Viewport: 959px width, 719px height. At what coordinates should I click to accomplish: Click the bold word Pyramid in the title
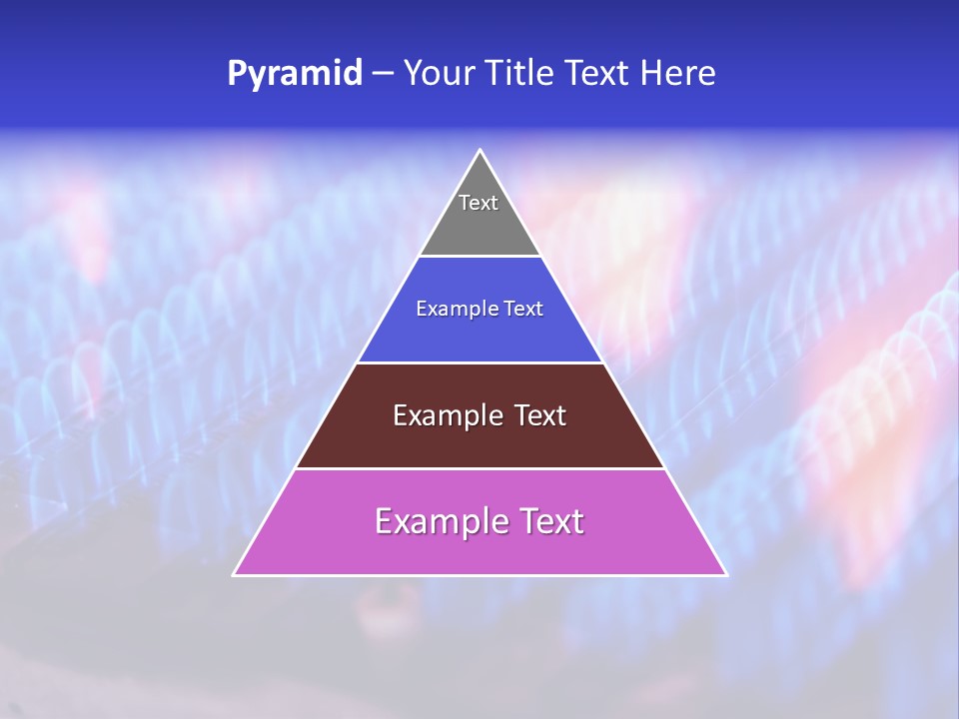click(294, 74)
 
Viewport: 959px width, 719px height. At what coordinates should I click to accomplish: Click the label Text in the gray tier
click(479, 203)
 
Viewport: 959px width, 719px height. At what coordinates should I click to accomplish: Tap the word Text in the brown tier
click(540, 415)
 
